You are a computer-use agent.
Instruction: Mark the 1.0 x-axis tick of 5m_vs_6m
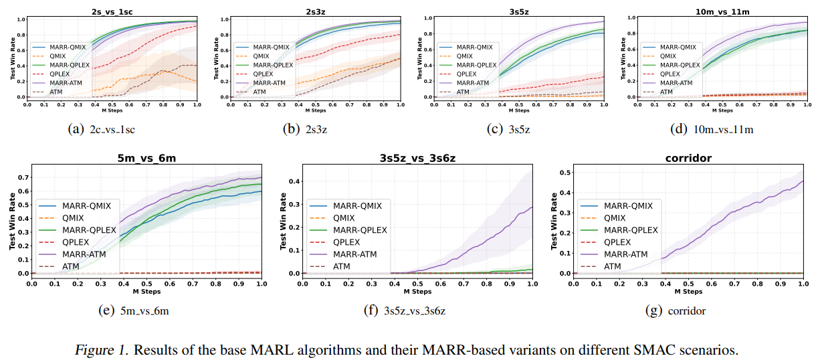coord(262,284)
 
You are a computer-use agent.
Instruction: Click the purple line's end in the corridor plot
coord(803,181)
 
